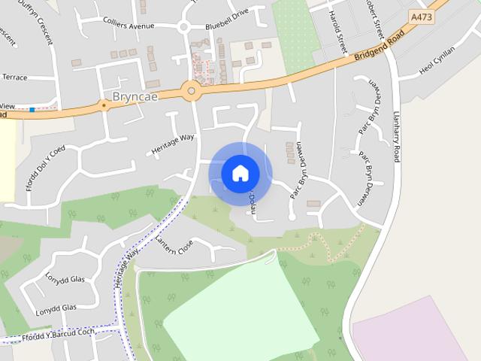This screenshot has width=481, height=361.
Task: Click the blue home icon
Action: (x=240, y=174)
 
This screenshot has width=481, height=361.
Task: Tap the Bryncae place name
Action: (x=132, y=98)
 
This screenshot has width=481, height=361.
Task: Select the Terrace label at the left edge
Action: (x=14, y=77)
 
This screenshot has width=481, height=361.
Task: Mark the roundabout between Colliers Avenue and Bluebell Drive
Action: (x=183, y=28)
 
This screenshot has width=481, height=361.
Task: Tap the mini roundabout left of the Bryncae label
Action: (x=103, y=105)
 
